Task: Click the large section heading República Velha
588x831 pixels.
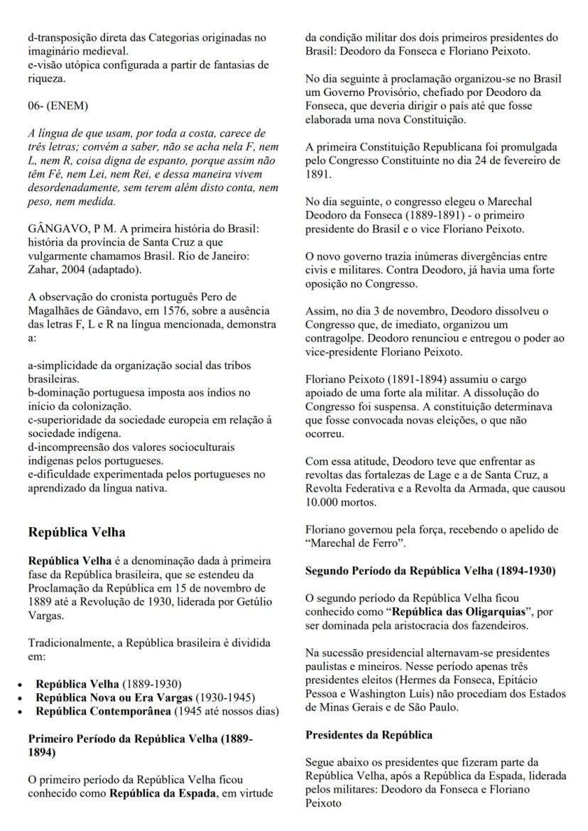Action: [x=78, y=532]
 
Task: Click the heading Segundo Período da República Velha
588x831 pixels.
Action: [x=430, y=572]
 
